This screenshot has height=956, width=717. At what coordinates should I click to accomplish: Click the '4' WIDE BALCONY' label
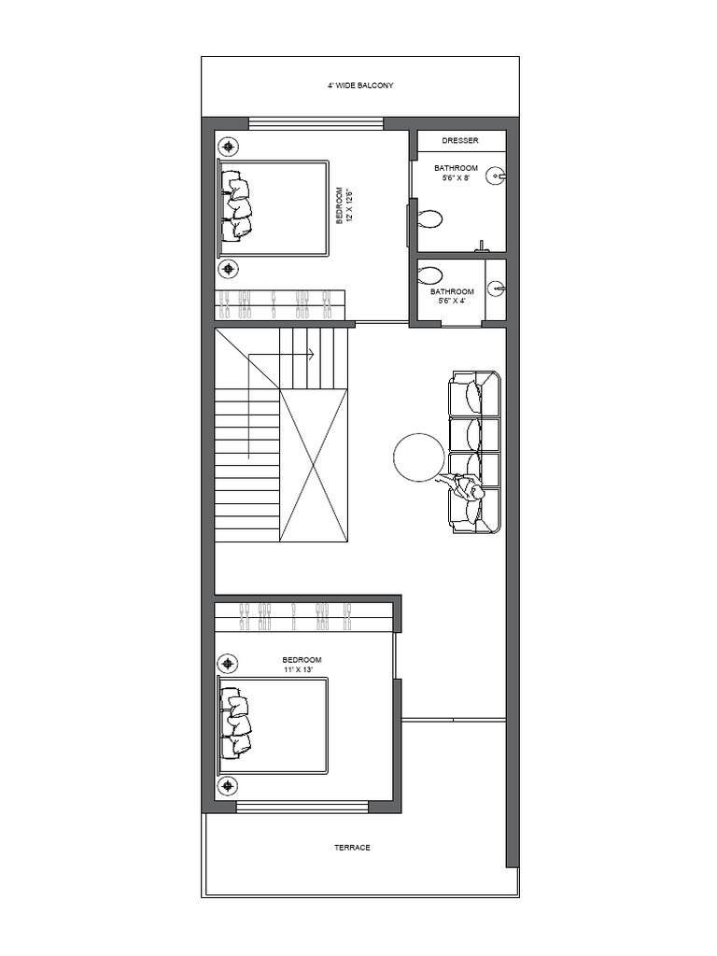[x=359, y=85]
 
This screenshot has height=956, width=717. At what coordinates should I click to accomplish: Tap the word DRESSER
[x=460, y=141]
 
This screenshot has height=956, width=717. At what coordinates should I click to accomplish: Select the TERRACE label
[x=352, y=848]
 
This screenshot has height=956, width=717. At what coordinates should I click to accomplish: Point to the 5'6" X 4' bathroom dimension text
[x=454, y=301]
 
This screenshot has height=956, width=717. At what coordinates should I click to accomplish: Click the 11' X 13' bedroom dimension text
[x=302, y=669]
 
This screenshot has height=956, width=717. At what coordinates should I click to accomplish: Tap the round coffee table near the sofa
[x=419, y=457]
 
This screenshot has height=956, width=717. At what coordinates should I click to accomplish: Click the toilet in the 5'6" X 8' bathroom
[x=430, y=220]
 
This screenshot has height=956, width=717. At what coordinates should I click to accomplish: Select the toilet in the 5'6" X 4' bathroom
[x=430, y=276]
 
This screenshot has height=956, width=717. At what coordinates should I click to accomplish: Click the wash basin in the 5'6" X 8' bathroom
[x=497, y=176]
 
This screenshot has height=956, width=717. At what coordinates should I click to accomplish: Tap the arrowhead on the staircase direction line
[x=310, y=355]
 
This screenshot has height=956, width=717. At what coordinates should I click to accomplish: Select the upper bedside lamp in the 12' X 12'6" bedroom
[x=229, y=146]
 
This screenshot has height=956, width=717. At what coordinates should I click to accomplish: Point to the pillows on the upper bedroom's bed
[x=235, y=206]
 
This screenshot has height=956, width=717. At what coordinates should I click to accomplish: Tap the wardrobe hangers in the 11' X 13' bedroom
[x=295, y=613]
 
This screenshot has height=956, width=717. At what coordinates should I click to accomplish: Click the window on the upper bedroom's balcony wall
[x=316, y=122]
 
